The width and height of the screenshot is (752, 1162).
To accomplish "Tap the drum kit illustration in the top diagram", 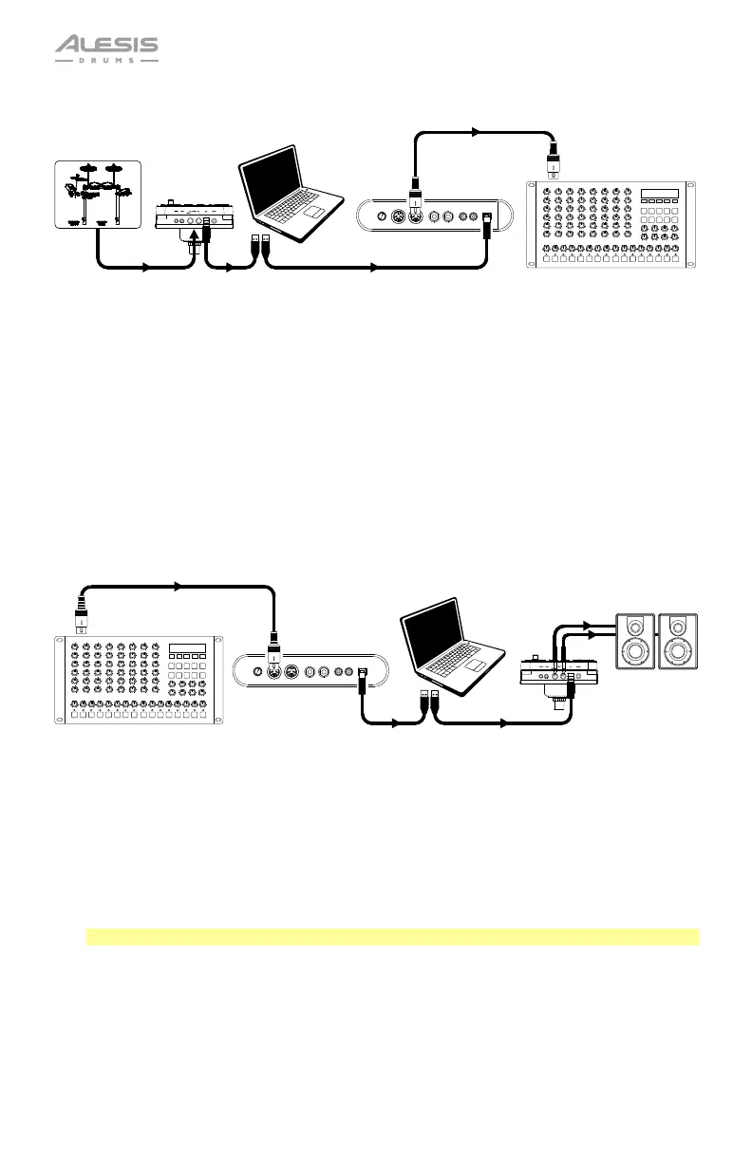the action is pos(96,195).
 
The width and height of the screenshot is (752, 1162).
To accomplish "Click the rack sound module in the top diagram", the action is pos(611,223).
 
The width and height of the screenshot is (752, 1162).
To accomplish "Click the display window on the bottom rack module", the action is pos(187,649).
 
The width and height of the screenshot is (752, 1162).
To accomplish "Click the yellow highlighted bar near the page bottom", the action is pos(392,937).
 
